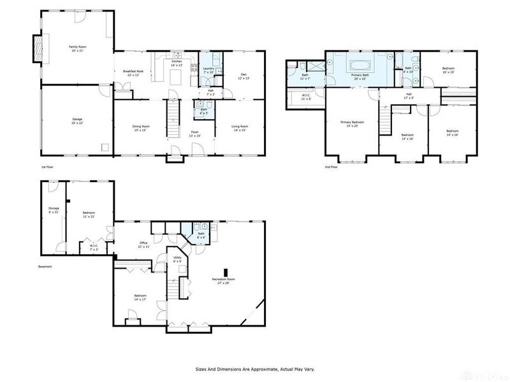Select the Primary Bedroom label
[x=352, y=123]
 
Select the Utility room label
[x=177, y=259]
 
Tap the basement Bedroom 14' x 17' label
[x=140, y=297]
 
